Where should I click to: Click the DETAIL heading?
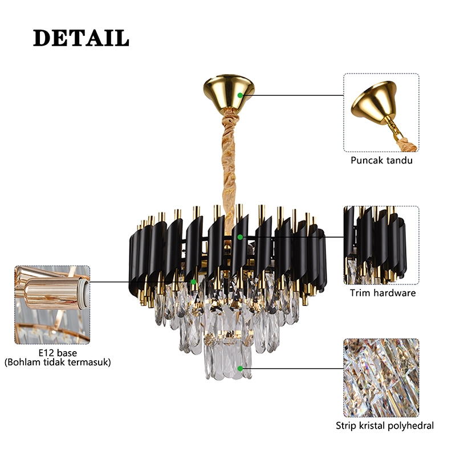(x=80, y=38)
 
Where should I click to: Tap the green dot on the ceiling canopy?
(x=241, y=95)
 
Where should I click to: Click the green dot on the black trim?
(x=241, y=237)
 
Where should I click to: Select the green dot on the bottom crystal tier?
(x=241, y=369)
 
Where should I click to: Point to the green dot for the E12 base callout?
(x=194, y=282)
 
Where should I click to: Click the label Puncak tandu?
(x=381, y=160)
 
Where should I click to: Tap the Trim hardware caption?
(x=382, y=293)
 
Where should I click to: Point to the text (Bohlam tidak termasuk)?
(x=58, y=362)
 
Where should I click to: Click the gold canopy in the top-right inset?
(x=374, y=103)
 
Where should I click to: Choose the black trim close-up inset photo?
(x=381, y=245)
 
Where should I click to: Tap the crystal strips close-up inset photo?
(x=381, y=377)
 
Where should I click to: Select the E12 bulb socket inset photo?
(x=52, y=304)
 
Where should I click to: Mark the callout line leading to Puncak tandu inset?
(x=291, y=95)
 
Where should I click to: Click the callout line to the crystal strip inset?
(x=291, y=369)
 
